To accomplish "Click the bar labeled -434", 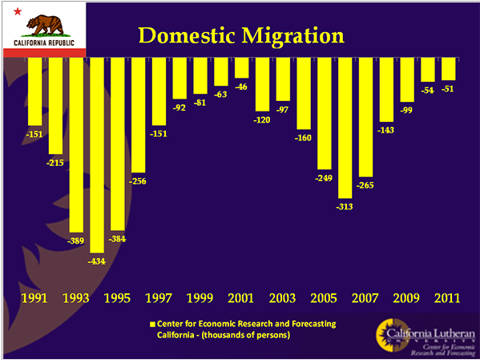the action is click(x=97, y=155).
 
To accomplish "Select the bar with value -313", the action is click(x=345, y=127).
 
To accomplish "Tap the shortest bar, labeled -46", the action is click(x=241, y=67).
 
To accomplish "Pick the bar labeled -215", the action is click(x=55, y=106).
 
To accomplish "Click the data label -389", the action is click(x=75, y=241).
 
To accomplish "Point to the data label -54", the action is click(x=428, y=91).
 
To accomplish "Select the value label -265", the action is click(x=365, y=185).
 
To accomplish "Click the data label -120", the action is click(x=262, y=119).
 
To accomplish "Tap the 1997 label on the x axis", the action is click(x=159, y=298).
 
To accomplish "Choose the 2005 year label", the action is click(x=324, y=298).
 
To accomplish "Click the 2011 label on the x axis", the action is click(x=448, y=298).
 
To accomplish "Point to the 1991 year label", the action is click(x=34, y=298).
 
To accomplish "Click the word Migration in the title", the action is click(x=293, y=36).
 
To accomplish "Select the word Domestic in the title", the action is click(x=187, y=35).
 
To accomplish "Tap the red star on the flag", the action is click(x=18, y=12).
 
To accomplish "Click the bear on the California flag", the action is click(x=45, y=26).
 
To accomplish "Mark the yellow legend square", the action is click(x=152, y=325).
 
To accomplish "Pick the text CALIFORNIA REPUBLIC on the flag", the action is click(x=44, y=42).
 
